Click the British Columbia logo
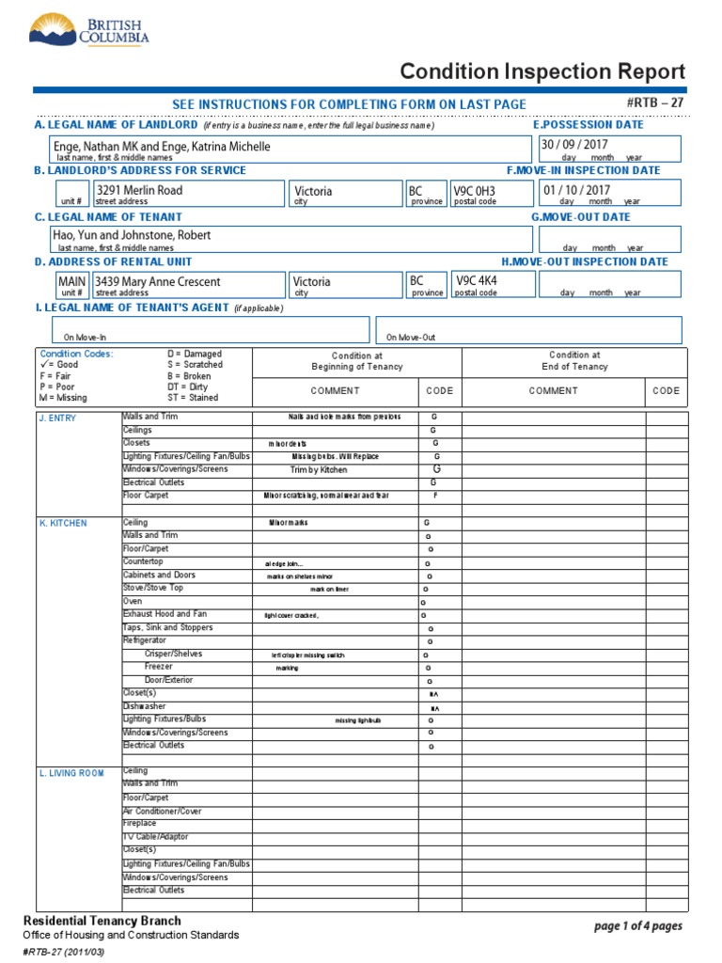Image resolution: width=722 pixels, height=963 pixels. (x=89, y=30)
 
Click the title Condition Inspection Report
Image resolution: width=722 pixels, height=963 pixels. (x=542, y=71)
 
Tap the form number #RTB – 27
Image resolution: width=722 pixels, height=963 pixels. (x=654, y=103)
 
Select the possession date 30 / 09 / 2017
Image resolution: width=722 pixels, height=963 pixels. (x=574, y=144)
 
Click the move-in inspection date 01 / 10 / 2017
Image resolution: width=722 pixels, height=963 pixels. (x=576, y=190)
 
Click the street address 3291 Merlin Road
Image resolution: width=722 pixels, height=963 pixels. (x=140, y=190)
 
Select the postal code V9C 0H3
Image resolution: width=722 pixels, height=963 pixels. (x=474, y=190)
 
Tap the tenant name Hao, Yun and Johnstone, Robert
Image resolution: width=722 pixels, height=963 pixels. (x=133, y=235)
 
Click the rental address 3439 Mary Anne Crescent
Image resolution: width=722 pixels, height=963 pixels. (x=159, y=281)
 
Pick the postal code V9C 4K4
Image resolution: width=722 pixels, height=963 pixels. (x=476, y=280)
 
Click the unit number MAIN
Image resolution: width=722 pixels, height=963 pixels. (x=72, y=281)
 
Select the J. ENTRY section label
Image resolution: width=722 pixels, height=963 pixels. (x=57, y=418)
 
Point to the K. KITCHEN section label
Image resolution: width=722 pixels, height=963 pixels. (x=62, y=523)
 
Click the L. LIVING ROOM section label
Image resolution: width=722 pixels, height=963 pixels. (x=71, y=773)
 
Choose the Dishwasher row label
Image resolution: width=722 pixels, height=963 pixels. (x=144, y=706)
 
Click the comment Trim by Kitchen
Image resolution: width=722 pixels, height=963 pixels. (x=318, y=469)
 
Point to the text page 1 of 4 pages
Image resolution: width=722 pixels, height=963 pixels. (x=638, y=926)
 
